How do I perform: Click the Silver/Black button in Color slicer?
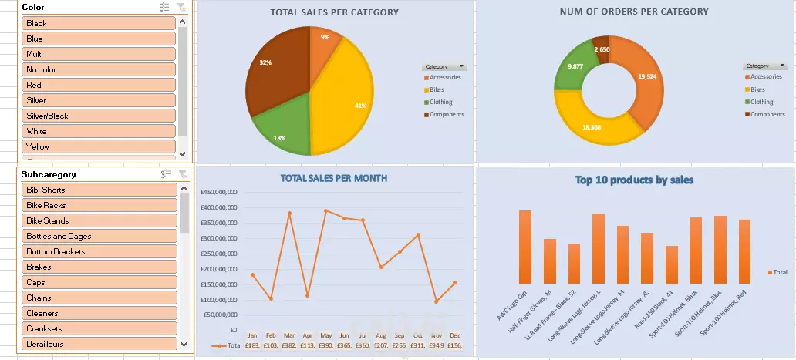(x=99, y=116)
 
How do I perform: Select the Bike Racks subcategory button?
(x=99, y=205)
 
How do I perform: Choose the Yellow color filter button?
(x=99, y=146)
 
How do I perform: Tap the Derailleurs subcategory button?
(x=99, y=344)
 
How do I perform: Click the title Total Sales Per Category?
(x=335, y=12)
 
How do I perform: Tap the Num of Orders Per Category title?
(x=634, y=12)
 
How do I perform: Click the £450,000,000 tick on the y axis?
(x=220, y=193)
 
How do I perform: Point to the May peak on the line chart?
(x=325, y=210)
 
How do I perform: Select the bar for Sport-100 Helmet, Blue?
(x=699, y=249)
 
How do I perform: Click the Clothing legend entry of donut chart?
(x=761, y=102)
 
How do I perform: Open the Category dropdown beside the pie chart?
(x=461, y=67)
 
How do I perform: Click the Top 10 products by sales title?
(x=634, y=180)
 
